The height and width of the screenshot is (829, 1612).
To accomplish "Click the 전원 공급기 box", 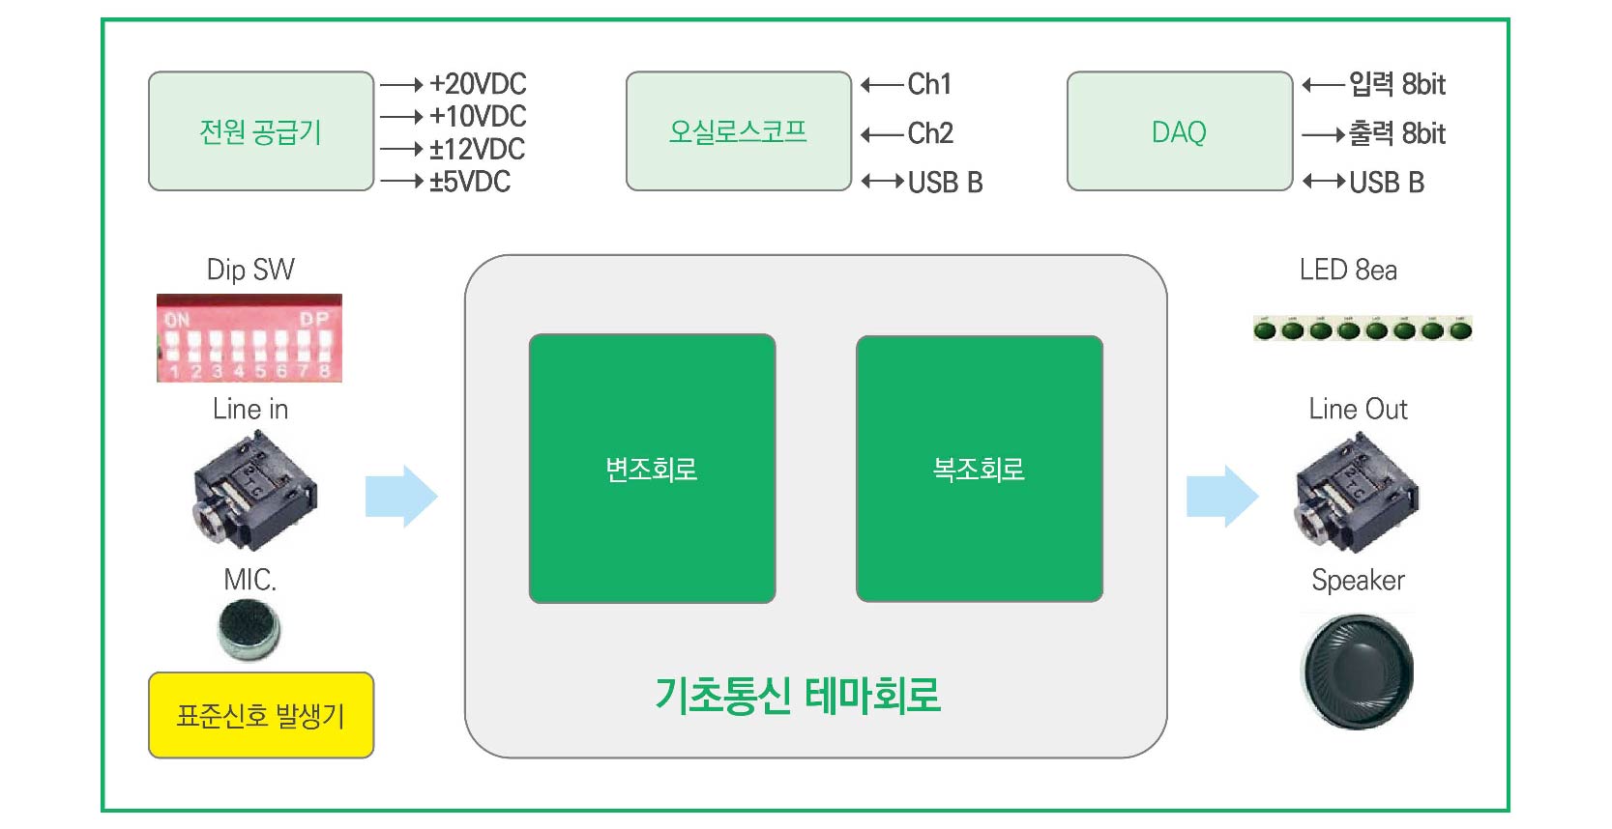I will (260, 131).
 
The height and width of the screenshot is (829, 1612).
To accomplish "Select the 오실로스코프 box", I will (738, 131).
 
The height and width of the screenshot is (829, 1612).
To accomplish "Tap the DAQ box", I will (1179, 131).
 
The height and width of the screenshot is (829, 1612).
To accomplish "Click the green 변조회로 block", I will (652, 469).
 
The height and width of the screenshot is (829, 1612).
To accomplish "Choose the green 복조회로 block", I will (979, 469).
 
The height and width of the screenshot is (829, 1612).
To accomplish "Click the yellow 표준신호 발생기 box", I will (260, 715).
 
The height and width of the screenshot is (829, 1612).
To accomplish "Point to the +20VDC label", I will (478, 84).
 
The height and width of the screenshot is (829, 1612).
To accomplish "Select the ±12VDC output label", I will (477, 149).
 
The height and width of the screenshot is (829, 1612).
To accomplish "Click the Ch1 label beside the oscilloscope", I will (929, 84).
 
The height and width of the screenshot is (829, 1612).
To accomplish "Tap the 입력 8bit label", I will (1396, 84).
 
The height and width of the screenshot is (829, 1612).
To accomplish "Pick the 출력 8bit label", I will (1396, 133).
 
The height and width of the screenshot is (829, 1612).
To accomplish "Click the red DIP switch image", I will (249, 338).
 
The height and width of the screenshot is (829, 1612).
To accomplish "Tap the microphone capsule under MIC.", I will (249, 629).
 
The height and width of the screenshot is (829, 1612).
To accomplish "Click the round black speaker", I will (1358, 672).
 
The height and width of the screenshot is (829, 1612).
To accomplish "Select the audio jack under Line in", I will (253, 491).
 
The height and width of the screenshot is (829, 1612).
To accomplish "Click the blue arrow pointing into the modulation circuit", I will (401, 496).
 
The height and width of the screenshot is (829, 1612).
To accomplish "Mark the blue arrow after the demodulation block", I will (1222, 496).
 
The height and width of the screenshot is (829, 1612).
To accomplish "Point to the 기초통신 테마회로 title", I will (798, 695).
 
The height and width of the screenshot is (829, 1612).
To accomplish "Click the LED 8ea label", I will (1348, 270).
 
